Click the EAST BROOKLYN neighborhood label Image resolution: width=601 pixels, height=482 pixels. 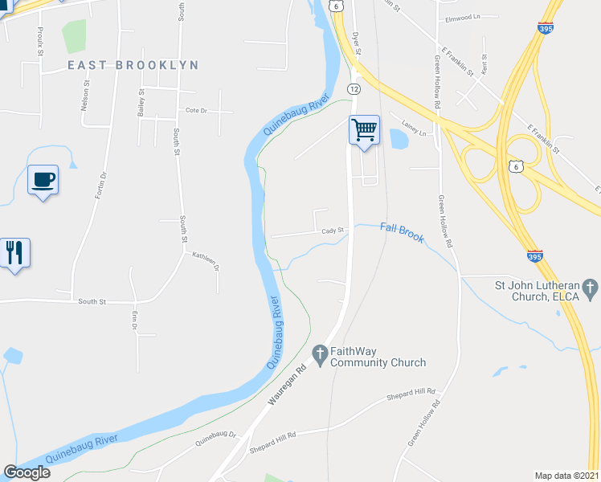coord(133,64)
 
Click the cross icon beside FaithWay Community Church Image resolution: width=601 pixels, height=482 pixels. coord(319,353)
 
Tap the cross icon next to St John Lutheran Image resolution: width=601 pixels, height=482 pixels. coord(590,288)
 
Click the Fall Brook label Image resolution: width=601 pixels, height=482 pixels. coord(401,233)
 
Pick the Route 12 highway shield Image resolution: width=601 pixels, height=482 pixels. coord(354,88)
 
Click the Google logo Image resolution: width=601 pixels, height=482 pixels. coord(27,472)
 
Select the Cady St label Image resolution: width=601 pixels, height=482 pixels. coord(333,231)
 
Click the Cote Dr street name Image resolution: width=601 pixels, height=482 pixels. coord(196,110)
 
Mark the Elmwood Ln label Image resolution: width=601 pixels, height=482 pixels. coord(460,16)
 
